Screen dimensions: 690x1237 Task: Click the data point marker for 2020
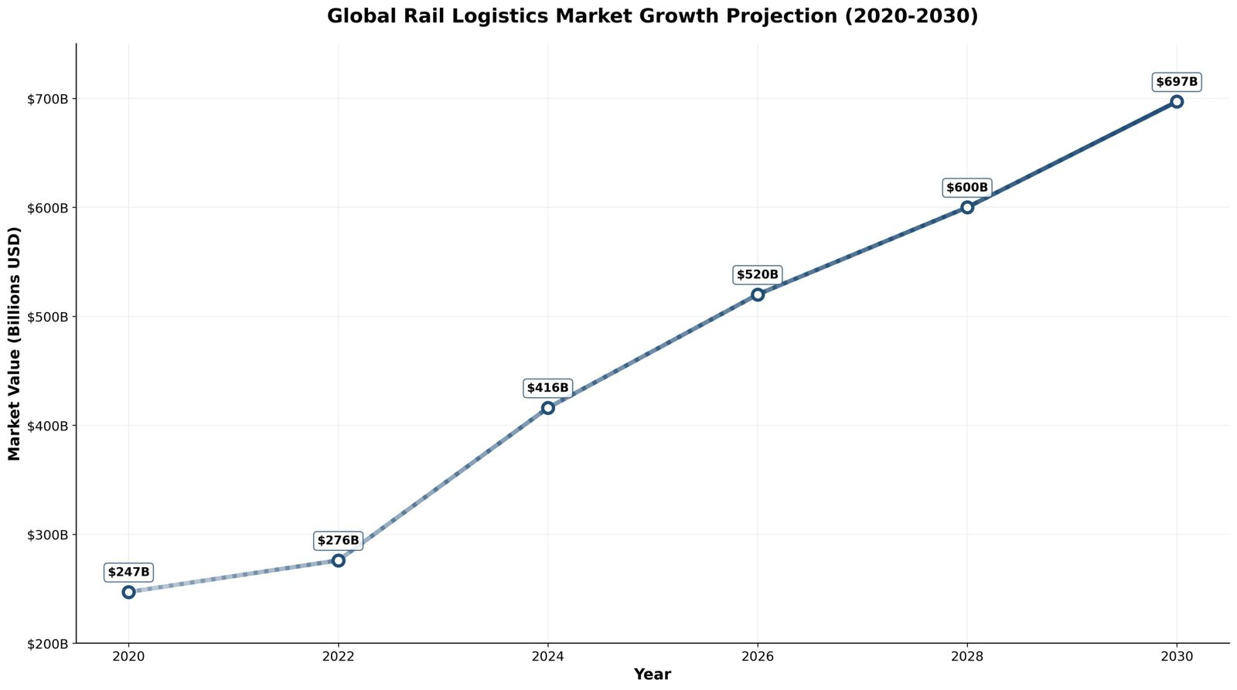[128, 592]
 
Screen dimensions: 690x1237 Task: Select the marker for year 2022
[338, 560]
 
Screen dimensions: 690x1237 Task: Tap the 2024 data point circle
[547, 408]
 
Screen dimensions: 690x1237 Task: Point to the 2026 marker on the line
[758, 294]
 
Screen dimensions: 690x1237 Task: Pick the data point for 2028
[967, 207]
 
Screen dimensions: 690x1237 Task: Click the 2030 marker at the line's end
[1177, 101]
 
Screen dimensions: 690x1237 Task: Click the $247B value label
[128, 573]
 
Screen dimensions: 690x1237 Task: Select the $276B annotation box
[338, 540]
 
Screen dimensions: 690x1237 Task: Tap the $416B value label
[547, 388]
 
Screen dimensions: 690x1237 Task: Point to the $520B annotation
[758, 274]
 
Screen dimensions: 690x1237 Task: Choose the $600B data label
[967, 188]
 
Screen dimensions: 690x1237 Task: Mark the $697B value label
[1177, 82]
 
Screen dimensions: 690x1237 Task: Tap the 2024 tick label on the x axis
[547, 657]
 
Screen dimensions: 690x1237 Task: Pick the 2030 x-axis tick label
[1177, 657]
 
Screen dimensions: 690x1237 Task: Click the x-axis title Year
[652, 675]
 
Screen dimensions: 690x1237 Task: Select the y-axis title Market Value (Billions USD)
[14, 344]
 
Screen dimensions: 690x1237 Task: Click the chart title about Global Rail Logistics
[652, 16]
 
